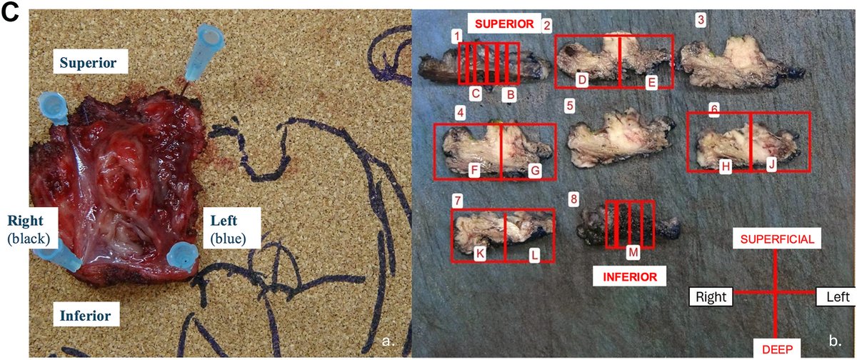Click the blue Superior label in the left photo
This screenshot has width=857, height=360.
point(93,62)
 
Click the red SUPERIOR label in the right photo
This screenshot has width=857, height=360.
point(501,24)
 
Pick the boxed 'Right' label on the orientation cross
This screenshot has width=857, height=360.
point(711,294)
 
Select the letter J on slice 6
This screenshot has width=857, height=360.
point(771,165)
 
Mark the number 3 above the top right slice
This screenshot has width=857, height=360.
point(701,20)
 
